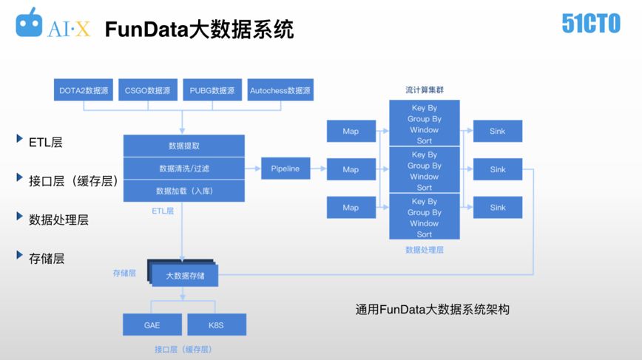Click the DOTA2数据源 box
(x=84, y=90)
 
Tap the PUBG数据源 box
(x=212, y=90)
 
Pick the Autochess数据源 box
(x=280, y=90)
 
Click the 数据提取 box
(x=183, y=146)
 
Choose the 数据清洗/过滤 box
(x=183, y=169)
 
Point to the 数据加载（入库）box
(x=183, y=191)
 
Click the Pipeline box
(x=285, y=169)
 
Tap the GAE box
(x=152, y=325)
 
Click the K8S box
(x=216, y=325)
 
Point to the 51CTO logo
(x=590, y=24)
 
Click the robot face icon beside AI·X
(x=30, y=24)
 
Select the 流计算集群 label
(x=425, y=90)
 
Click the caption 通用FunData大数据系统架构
(x=433, y=309)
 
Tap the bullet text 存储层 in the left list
(x=47, y=258)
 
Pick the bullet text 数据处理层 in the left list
(x=59, y=220)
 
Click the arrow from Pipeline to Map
(x=318, y=169)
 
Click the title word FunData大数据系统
(x=199, y=29)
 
